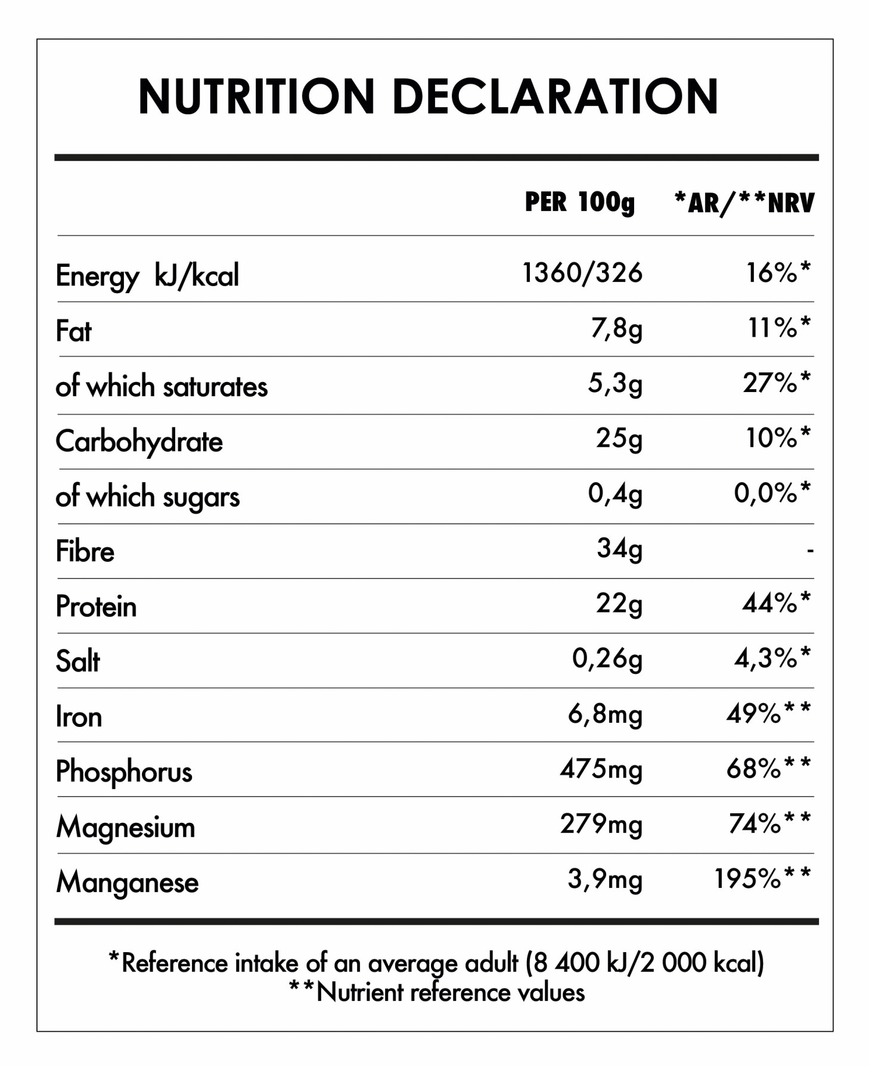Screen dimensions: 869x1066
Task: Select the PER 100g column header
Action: pos(579,203)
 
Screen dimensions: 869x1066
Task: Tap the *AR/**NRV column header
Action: pos(743,203)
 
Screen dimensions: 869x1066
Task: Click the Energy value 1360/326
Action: pos(582,274)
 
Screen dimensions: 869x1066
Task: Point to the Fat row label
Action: pos(73,331)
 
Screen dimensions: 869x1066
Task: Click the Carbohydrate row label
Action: pos(139,442)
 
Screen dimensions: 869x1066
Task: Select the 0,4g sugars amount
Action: pos(614,494)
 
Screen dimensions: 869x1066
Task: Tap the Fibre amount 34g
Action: pos(619,549)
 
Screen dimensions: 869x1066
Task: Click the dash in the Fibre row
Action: pos(809,551)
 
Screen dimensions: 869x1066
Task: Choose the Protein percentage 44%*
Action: pos(776,604)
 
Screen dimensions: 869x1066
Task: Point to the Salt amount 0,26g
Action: pos(607,659)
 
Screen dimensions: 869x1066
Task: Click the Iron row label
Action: pos(79,716)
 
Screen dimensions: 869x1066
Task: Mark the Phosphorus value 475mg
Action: pos(601,769)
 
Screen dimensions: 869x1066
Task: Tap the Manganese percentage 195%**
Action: pos(762,879)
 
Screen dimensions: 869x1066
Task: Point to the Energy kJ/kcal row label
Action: pos(147,276)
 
